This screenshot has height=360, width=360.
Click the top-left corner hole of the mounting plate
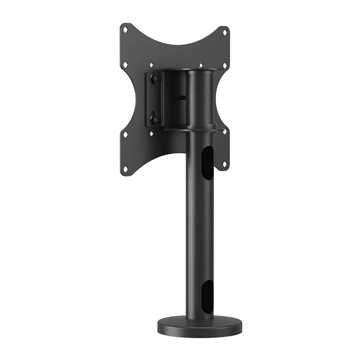pyautogui.click(x=126, y=30)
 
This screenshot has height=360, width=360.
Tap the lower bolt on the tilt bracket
pyautogui.click(x=154, y=120)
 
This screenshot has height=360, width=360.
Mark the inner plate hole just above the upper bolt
pyautogui.click(x=151, y=65)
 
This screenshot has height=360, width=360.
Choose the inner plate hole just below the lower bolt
pyautogui.click(x=151, y=134)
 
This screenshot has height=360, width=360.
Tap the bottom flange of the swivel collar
pyautogui.click(x=193, y=129)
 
